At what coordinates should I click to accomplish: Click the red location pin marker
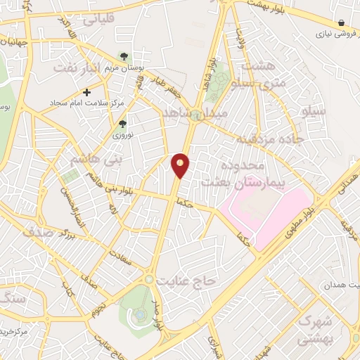181,165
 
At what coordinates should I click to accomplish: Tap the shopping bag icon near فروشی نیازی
341,22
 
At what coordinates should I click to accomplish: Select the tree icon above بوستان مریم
124,56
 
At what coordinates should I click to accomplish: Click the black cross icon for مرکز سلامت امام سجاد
87,91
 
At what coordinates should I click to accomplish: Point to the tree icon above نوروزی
122,124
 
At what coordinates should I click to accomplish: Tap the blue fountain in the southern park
141,311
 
